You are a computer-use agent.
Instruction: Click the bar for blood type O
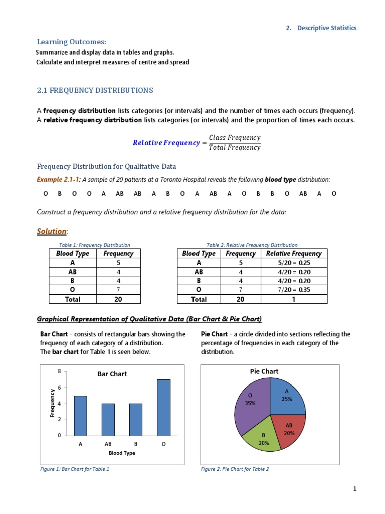point(163,407)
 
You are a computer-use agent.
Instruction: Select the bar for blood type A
point(80,415)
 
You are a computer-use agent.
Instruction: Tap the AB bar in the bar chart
point(108,419)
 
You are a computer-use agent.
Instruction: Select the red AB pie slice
point(287,430)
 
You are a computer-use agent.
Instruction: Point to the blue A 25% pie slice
point(287,396)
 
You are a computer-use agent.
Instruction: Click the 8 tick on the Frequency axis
point(59,372)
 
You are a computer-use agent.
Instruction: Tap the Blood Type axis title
point(122,453)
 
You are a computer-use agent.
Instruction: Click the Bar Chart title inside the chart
point(112,374)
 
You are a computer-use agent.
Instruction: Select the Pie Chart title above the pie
point(264,371)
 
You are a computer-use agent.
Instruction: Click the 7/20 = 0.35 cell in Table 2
point(294,289)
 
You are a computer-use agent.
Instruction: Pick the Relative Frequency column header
point(294,253)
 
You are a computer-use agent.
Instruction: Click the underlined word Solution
point(52,231)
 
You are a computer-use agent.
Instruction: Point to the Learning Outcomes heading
point(71,42)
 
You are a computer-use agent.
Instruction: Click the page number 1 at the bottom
point(354,490)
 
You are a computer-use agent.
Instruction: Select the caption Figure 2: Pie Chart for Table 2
point(235,469)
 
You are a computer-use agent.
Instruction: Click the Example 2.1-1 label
point(58,179)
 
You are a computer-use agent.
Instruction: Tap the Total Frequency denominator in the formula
point(235,147)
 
